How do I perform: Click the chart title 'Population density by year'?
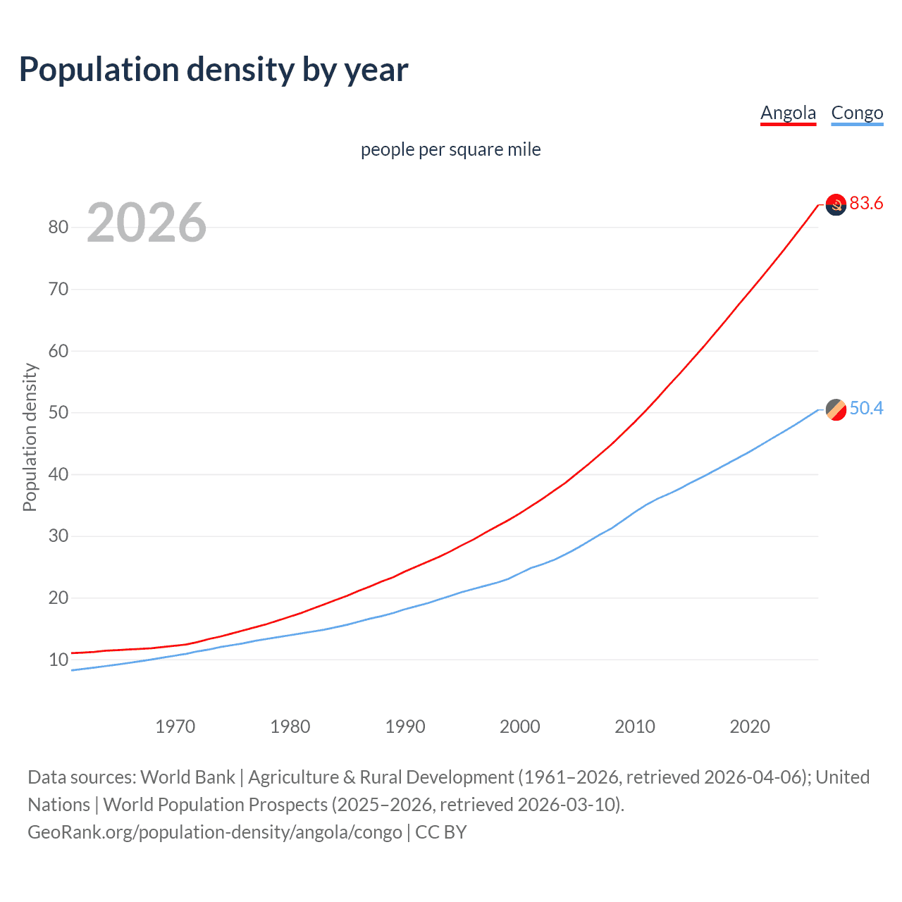coord(214,70)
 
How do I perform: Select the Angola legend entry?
coord(788,113)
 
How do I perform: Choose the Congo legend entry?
coord(857,113)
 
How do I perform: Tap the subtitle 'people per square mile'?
coord(450,149)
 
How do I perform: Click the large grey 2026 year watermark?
coord(147,223)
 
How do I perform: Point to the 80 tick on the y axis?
coord(58,227)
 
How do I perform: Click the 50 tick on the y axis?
coord(58,412)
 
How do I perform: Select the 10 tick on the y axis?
coord(58,660)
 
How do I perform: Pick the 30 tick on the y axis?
coord(58,536)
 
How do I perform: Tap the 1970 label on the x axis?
coord(175,727)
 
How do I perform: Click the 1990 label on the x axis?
coord(404,727)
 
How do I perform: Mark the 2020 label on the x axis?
coord(749,727)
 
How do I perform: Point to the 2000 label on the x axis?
coord(519,727)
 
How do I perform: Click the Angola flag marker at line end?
coord(836,205)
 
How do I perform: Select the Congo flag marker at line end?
coord(836,409)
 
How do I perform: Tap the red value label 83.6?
coord(866,204)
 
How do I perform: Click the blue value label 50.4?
coord(866,409)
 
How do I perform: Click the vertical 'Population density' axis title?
coord(30,437)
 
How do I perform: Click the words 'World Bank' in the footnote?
coord(187,777)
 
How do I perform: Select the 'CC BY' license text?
coord(441,832)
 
